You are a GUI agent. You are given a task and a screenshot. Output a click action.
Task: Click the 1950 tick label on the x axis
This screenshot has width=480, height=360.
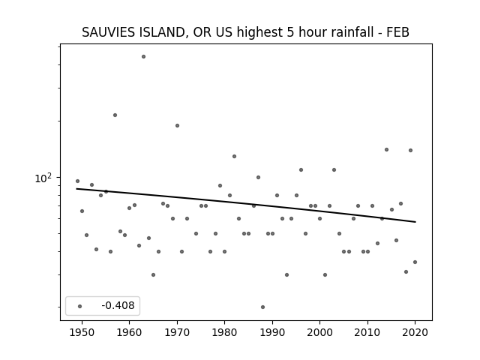point(82,332)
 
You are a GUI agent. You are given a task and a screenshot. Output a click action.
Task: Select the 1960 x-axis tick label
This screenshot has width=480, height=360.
point(129,332)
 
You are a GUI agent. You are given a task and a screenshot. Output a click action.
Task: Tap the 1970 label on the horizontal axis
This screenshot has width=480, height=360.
point(177,332)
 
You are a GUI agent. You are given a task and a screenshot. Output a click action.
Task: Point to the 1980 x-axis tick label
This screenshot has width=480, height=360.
point(224,332)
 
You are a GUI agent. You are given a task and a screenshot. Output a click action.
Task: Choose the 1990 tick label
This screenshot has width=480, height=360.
point(272,332)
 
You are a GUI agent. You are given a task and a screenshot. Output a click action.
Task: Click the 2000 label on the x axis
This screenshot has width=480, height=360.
point(319,332)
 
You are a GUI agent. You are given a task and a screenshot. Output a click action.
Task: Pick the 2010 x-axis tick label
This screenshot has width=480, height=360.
point(367,332)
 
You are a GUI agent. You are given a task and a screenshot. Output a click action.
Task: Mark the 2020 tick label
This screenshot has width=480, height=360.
point(415,332)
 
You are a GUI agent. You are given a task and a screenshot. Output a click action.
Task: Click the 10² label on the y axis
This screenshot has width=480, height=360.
point(43,178)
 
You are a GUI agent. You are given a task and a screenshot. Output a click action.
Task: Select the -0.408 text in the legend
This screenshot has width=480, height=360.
point(118,305)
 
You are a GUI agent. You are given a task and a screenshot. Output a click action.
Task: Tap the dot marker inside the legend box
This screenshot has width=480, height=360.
point(80,306)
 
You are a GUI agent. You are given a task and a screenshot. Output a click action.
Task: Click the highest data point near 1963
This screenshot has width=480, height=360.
point(143,57)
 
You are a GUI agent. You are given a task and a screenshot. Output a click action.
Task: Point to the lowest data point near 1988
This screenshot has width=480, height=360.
point(262,307)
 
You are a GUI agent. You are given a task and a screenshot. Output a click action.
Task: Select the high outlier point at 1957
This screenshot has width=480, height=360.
point(115,115)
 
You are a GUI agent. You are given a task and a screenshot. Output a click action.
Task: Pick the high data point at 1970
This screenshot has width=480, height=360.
point(177,125)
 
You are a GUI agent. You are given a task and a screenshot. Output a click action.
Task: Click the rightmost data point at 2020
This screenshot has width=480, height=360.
point(415,262)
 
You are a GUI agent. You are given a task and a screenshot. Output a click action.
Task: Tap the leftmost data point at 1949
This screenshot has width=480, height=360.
point(77,181)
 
